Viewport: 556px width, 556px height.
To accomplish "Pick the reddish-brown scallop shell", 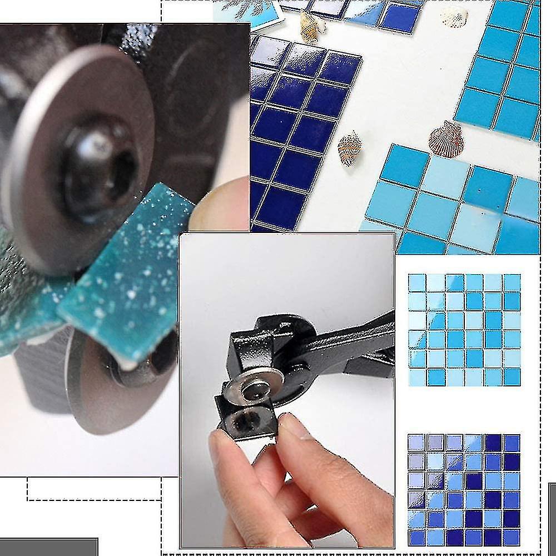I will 446,139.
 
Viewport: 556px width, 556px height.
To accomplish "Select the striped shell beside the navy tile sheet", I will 349,148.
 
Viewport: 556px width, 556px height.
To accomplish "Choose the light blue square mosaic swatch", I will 464,330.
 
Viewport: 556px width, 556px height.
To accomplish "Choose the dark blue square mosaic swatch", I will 464,489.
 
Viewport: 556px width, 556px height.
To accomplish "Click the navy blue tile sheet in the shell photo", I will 295,128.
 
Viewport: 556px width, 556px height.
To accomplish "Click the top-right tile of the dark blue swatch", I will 512,443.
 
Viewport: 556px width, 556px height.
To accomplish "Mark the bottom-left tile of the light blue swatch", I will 418,377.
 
